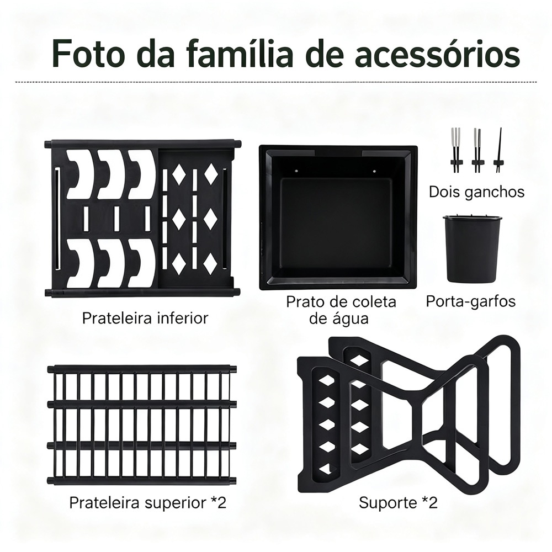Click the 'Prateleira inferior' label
click(x=145, y=319)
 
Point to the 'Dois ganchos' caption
click(x=477, y=193)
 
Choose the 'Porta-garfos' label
click(x=471, y=302)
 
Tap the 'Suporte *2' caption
click(x=398, y=502)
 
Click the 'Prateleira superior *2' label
click(x=147, y=502)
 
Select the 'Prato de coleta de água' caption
click(x=341, y=310)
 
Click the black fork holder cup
click(x=471, y=248)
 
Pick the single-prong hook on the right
click(x=498, y=151)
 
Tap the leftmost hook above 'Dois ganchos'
click(x=455, y=150)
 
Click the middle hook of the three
click(x=477, y=150)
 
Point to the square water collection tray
click(x=338, y=217)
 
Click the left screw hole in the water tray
click(x=298, y=171)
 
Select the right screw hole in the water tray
click(x=375, y=172)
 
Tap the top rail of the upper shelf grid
click(x=142, y=369)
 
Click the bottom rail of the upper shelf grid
click(x=142, y=481)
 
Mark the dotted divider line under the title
click(x=276, y=82)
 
